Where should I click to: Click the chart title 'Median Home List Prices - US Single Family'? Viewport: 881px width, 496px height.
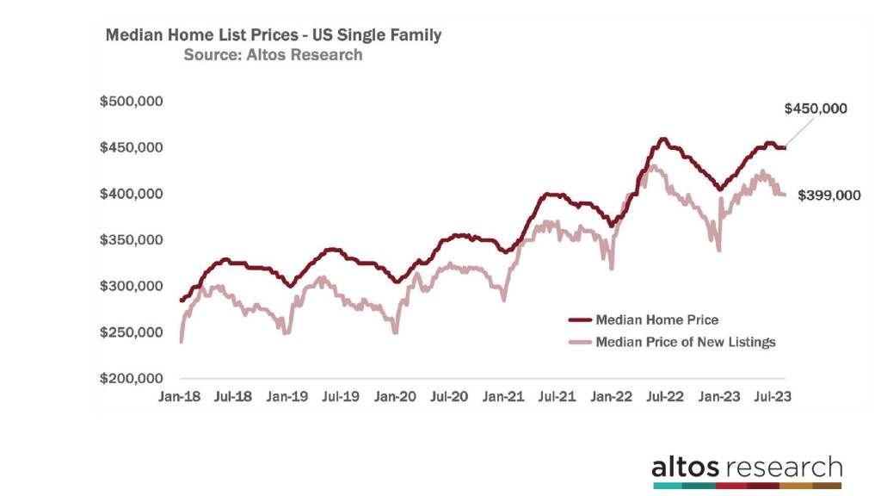coord(273,35)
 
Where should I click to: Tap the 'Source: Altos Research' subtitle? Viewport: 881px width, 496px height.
coord(273,55)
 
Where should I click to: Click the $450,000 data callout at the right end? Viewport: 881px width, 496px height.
coord(816,108)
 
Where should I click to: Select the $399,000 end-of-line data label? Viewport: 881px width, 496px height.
coord(829,195)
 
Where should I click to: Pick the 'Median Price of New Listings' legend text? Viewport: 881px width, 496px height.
coord(686,342)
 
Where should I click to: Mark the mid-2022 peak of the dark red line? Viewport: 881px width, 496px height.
coord(662,139)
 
